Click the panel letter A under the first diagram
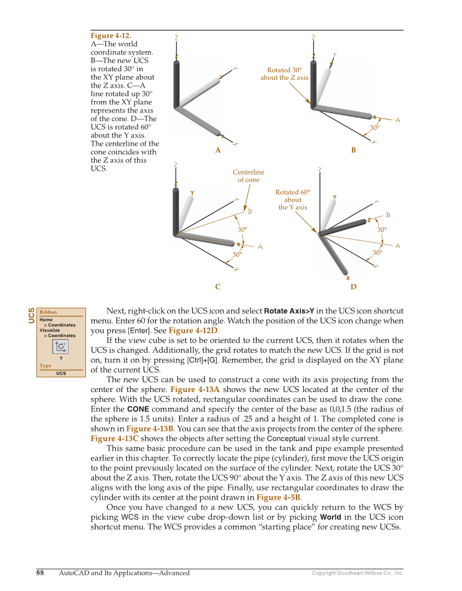tap(218, 151)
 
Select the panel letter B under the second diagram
tap(354, 151)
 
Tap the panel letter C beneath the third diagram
tap(218, 287)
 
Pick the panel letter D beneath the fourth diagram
tap(354, 287)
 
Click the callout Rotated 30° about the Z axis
tap(284, 74)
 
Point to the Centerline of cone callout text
tap(248, 176)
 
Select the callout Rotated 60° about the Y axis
tap(293, 200)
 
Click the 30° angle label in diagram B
tap(374, 128)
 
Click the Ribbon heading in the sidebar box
tap(48, 312)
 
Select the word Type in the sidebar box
tap(45, 366)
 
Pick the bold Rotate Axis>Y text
tap(289, 311)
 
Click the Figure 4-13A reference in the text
tap(195, 389)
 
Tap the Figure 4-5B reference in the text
tap(276, 497)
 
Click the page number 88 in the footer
tap(40, 573)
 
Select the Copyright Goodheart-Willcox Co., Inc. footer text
tap(358, 573)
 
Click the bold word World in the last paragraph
tap(332, 517)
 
